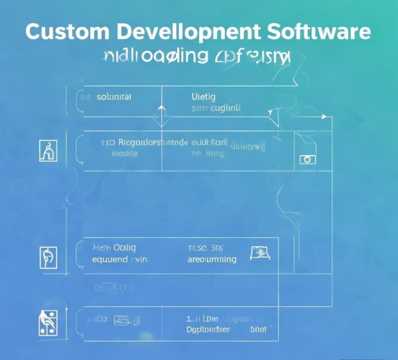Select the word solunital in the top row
point(114,97)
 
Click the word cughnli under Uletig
point(226,107)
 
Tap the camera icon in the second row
point(306,159)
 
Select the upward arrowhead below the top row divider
point(160,106)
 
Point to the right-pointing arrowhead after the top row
point(324,117)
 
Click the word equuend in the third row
point(111,259)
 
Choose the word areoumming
point(212,259)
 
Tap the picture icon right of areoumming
point(258,252)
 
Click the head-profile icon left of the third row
point(49,257)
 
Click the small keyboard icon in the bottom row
point(121,320)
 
